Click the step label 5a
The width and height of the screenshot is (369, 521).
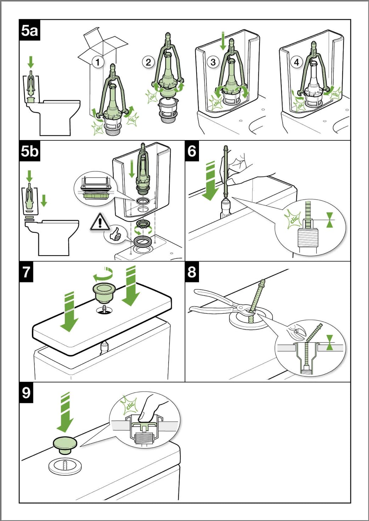(29, 30)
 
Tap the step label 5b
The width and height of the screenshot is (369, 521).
(29, 151)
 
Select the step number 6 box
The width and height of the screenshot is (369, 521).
(192, 151)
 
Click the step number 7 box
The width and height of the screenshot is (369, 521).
(26, 272)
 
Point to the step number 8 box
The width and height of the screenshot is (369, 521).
(192, 272)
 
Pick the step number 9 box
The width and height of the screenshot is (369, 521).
(26, 393)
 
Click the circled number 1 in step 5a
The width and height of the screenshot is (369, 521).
(98, 62)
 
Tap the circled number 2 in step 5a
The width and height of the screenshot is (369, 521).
(148, 62)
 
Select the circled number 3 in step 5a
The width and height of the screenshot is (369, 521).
(213, 62)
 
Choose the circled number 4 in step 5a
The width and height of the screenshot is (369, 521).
(296, 62)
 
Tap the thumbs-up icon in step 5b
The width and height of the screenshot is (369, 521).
(115, 235)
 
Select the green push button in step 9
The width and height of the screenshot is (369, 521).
(65, 445)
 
